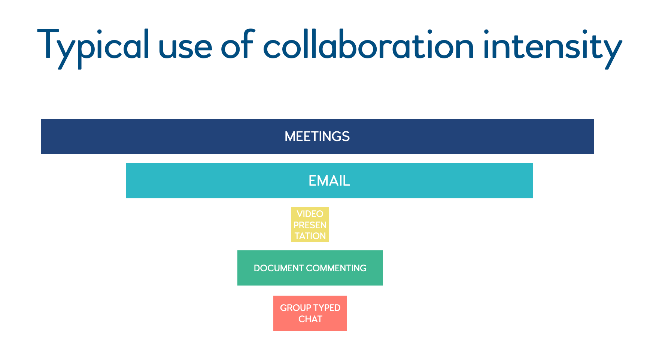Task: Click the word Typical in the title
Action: [x=93, y=47]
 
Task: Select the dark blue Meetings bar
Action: [x=150, y=137]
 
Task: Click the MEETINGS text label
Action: [x=317, y=137]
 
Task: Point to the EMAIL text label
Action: [x=329, y=181]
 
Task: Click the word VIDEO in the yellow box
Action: [x=310, y=214]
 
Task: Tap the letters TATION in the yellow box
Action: [x=310, y=236]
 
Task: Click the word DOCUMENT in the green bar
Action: [x=279, y=268]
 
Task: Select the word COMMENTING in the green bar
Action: [x=336, y=268]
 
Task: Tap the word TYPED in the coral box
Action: [x=327, y=308]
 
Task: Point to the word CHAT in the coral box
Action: [x=310, y=319]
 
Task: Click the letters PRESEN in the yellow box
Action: [x=310, y=225]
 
